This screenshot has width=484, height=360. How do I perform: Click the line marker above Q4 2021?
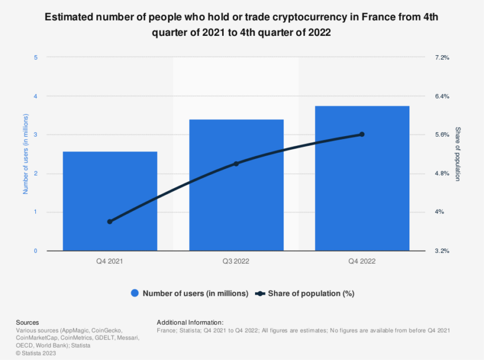tap(110, 222)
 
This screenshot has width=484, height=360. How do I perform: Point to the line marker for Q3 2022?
tap(236, 163)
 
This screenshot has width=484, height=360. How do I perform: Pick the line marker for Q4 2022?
tap(362, 134)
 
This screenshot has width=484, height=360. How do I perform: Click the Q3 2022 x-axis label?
tap(236, 261)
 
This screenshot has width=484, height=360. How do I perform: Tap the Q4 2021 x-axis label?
tap(110, 261)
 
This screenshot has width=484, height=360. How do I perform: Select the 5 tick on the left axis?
tap(36, 58)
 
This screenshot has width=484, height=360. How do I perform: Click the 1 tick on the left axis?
tap(36, 212)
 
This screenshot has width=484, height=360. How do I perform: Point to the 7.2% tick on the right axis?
tap(442, 58)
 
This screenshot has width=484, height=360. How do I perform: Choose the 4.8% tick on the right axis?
tap(442, 174)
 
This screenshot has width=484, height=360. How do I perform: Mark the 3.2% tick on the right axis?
tap(442, 251)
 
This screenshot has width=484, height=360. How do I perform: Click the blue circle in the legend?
tap(135, 293)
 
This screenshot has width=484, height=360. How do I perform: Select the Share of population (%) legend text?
tap(311, 293)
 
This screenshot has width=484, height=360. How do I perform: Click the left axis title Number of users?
tap(26, 154)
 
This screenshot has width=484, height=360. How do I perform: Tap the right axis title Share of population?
tap(458, 154)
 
